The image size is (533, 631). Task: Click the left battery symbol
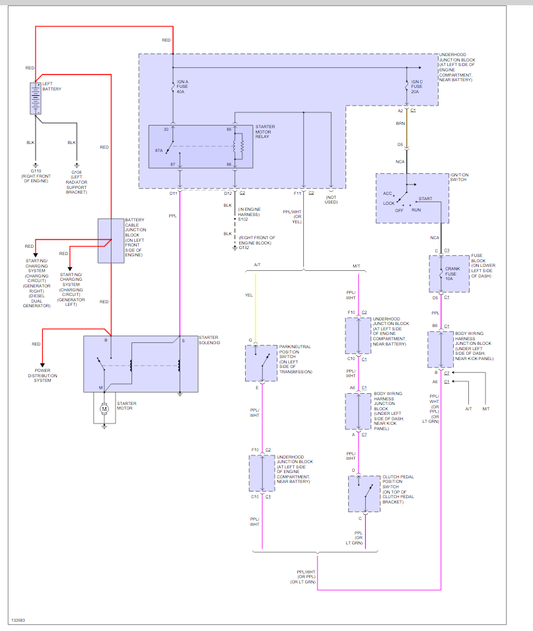[x=36, y=98]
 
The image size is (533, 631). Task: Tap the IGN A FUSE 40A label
[x=182, y=87]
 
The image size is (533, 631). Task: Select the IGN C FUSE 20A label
[x=417, y=87]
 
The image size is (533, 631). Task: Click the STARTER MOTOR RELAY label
[x=265, y=131]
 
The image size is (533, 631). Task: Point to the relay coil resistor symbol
[x=241, y=146]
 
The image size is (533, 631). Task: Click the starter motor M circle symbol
[x=104, y=409]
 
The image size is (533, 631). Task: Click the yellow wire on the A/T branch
[x=256, y=309]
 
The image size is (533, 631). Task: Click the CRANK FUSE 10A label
[x=452, y=274]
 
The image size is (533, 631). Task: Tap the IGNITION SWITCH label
[x=460, y=177]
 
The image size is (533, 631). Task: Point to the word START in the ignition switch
[x=425, y=198]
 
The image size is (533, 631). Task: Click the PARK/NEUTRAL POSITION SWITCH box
[x=261, y=363]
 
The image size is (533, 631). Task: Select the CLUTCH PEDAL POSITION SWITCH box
[x=364, y=494]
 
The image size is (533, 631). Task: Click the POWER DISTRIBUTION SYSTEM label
[x=43, y=375]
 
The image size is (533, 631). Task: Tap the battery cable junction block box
[x=111, y=241]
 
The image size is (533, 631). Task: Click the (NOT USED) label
[x=331, y=200]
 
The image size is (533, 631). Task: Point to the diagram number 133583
[x=18, y=620]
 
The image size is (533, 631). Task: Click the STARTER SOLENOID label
[x=209, y=340]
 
